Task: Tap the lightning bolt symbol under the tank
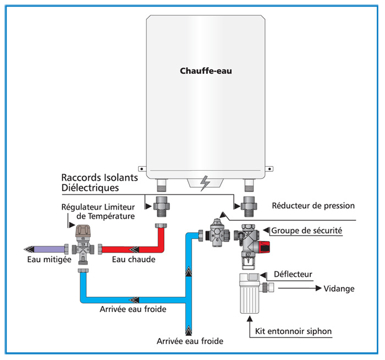click(x=205, y=183)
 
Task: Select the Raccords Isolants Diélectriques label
click(x=98, y=183)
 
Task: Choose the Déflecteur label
click(x=294, y=274)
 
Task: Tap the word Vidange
click(x=340, y=288)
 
